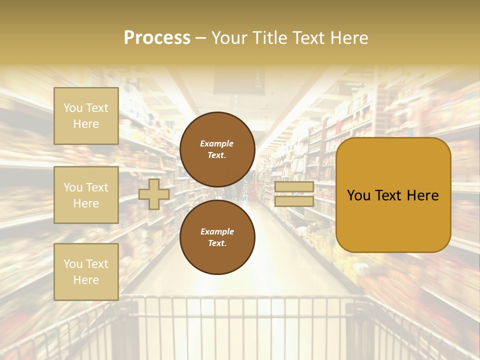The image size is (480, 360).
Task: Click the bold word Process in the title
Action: point(157,38)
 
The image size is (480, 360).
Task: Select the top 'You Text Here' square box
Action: point(86,116)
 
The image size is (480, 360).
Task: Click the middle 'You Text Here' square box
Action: point(86,195)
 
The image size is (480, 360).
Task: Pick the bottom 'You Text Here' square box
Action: point(86,271)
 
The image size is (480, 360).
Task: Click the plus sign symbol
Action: point(153,194)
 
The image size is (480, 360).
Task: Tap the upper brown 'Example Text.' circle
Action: point(217,149)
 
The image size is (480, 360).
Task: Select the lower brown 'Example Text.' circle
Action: point(217,237)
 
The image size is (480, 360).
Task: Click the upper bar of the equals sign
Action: point(294,187)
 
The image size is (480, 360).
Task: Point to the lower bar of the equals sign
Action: point(294,201)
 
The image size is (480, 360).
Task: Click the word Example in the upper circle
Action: point(217,144)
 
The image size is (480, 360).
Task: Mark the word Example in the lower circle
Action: point(217,232)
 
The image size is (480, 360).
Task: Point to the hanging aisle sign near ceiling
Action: point(239,81)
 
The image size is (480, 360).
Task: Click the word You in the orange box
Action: point(358,195)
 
